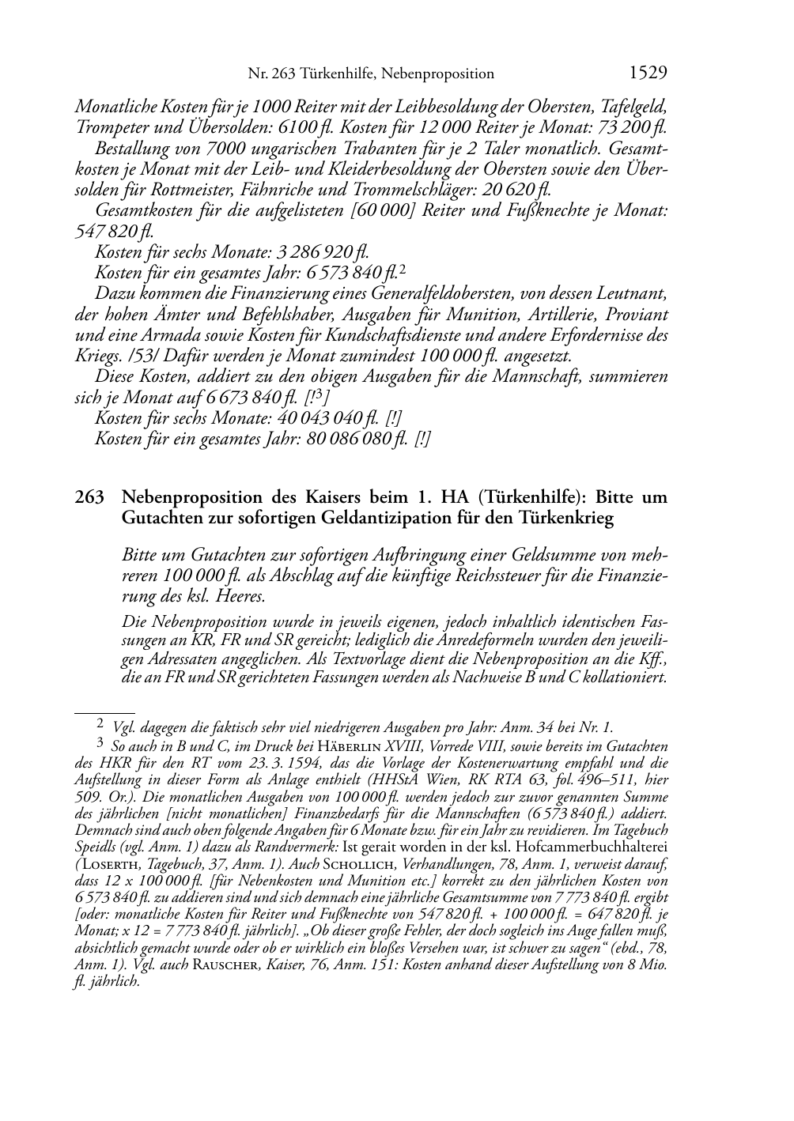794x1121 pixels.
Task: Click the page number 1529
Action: [648, 74]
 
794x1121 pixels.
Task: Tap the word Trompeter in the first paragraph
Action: [108, 126]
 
